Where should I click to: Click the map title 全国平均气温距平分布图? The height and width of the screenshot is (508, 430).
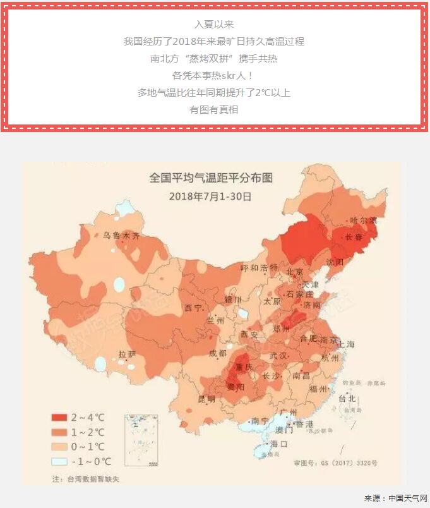click(x=211, y=178)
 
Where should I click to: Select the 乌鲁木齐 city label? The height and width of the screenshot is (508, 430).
click(x=121, y=236)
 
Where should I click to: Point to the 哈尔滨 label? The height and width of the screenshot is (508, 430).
click(x=364, y=221)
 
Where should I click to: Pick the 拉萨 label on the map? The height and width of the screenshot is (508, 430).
click(x=127, y=354)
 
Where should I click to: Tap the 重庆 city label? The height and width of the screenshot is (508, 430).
click(x=244, y=367)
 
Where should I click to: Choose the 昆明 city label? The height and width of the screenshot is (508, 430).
click(x=206, y=399)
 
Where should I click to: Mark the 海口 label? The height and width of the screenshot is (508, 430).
click(x=278, y=444)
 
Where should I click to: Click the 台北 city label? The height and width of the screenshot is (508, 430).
click(x=347, y=399)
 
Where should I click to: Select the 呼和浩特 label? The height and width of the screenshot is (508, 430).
click(x=259, y=267)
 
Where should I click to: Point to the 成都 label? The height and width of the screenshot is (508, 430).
click(x=218, y=353)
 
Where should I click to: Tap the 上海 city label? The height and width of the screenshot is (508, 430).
click(x=346, y=344)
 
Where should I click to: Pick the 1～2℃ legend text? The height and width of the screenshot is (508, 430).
click(x=88, y=432)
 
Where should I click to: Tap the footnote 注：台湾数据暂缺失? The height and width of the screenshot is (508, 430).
click(x=85, y=478)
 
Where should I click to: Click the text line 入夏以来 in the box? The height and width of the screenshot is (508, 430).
click(x=214, y=24)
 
